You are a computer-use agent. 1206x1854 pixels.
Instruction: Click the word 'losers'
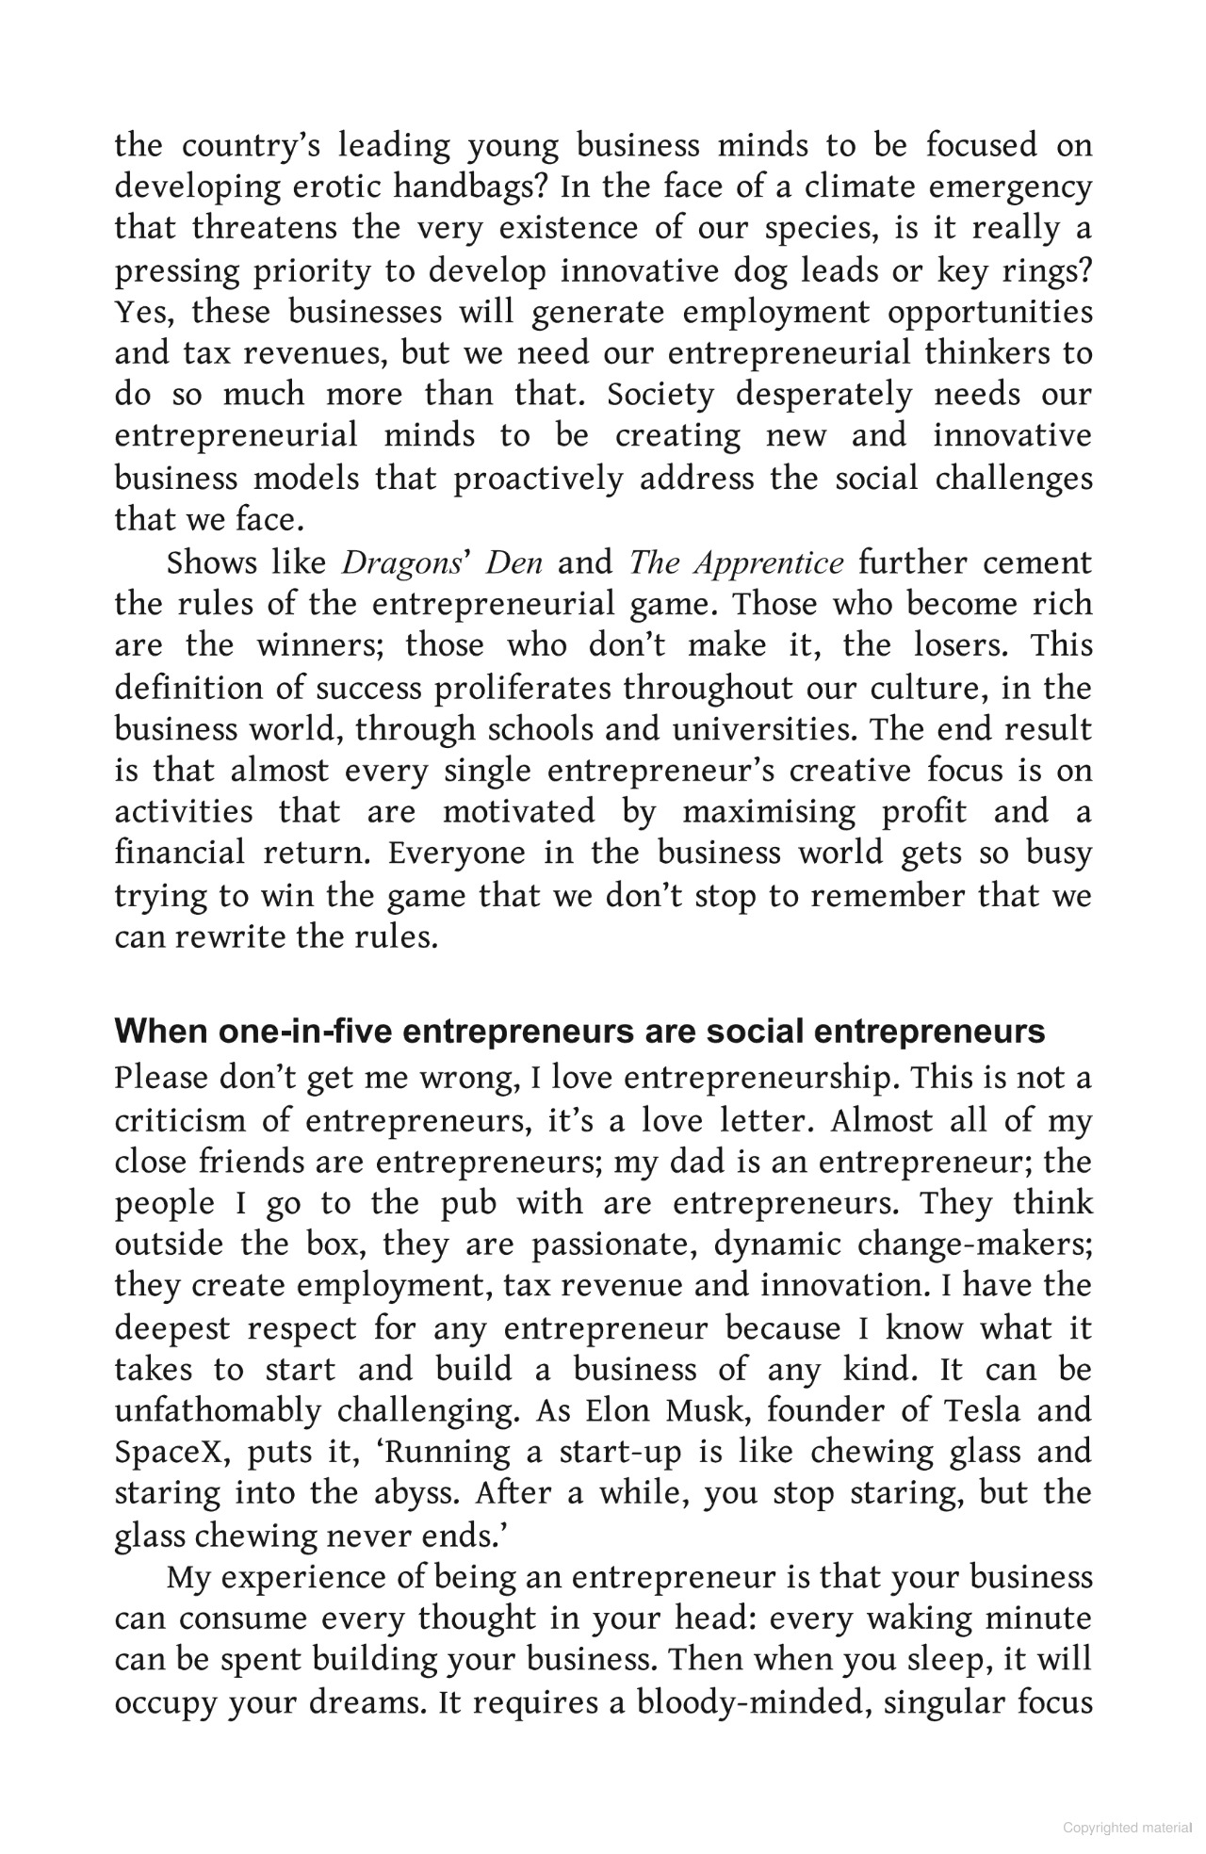point(961,645)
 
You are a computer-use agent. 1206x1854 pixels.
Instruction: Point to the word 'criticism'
point(188,1121)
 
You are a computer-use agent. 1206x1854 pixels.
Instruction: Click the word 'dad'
point(698,1163)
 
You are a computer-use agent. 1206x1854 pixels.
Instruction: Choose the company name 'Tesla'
point(983,1411)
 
